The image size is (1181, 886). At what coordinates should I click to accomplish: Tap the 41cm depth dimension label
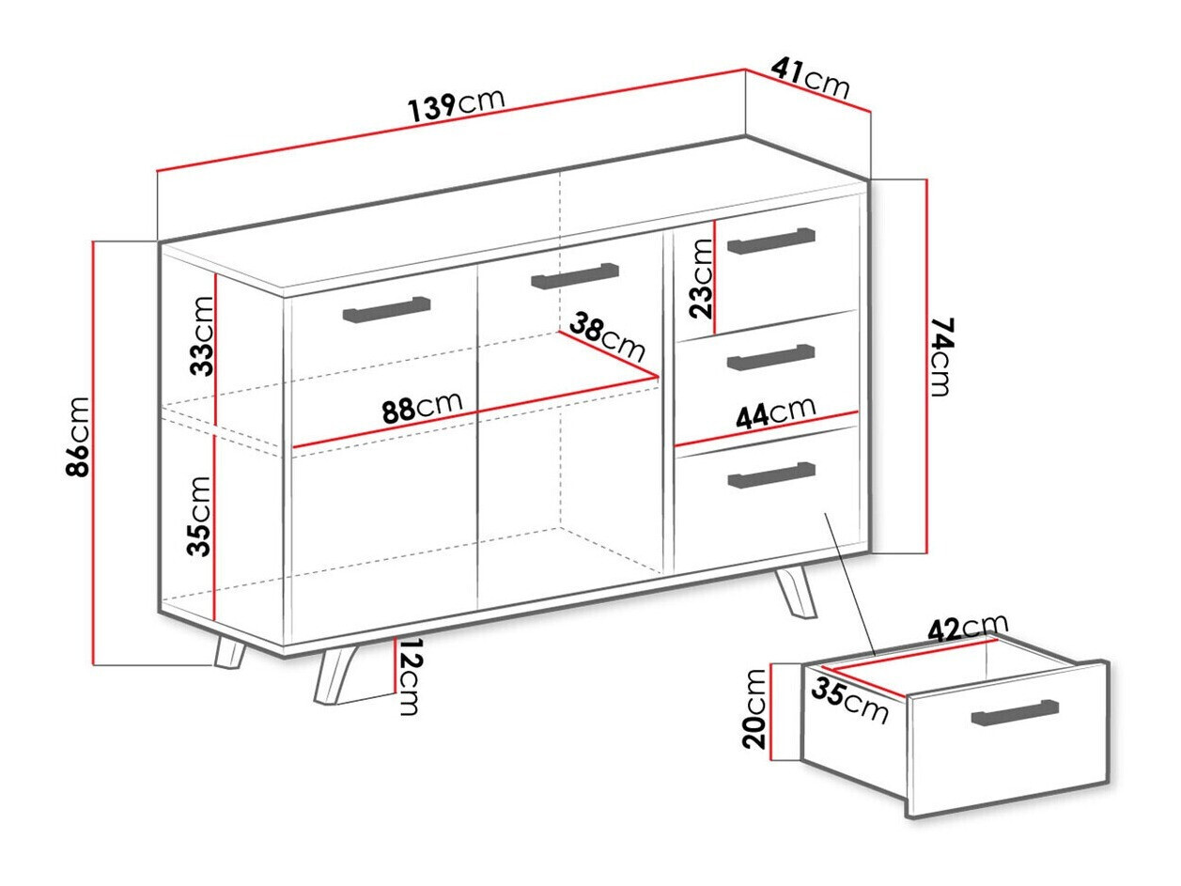point(810,79)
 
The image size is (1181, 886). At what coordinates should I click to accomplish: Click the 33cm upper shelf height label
point(202,335)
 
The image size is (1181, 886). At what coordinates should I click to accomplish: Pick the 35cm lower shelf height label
point(200,516)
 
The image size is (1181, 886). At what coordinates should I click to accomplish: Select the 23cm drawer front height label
point(701,278)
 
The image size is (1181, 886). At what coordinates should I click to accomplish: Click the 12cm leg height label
point(408,676)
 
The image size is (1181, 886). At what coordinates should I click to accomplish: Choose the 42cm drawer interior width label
point(968,627)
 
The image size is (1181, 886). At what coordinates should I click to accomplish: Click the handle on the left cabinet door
point(387,309)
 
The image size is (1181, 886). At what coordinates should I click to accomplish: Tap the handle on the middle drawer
point(771,357)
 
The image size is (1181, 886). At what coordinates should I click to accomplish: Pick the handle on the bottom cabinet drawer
point(771,474)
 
